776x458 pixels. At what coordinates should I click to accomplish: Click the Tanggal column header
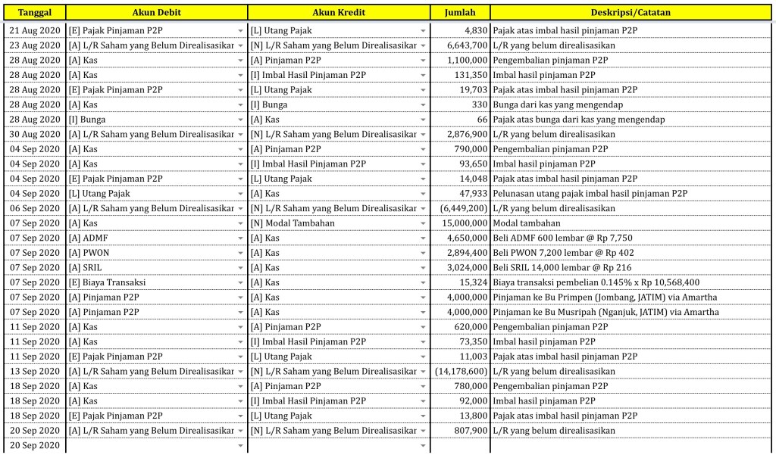(33, 13)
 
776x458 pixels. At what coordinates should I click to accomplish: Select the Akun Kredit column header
(338, 13)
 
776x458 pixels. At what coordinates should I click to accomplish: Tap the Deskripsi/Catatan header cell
(630, 13)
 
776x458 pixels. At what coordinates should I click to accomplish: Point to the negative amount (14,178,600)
(461, 372)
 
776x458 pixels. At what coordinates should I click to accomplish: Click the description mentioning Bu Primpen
(605, 298)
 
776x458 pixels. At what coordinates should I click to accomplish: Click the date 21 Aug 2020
(35, 30)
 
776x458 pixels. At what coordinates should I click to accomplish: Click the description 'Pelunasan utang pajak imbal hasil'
(590, 194)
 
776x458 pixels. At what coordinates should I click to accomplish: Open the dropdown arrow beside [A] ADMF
(240, 238)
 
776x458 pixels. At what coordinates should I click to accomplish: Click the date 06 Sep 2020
(35, 208)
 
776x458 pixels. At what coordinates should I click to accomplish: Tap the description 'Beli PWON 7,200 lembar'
(563, 253)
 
